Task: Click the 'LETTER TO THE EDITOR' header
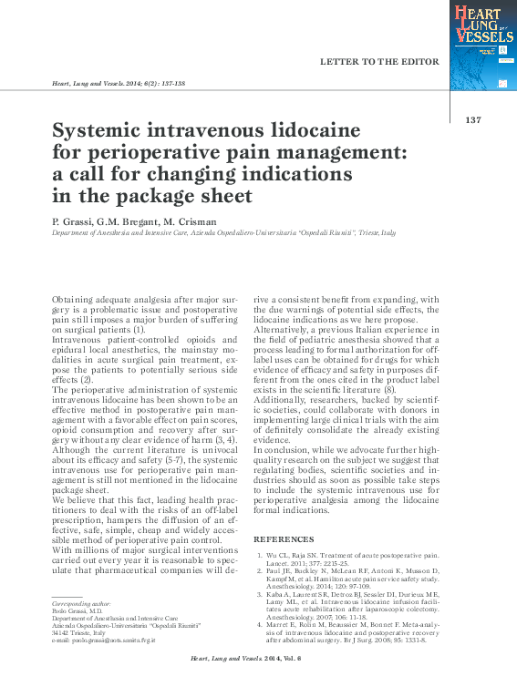point(380,62)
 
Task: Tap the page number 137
point(472,120)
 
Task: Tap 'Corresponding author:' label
point(83,604)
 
